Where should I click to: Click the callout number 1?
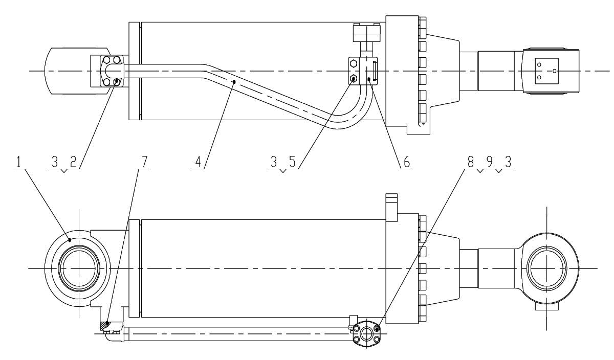tap(18, 162)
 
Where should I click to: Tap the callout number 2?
tap(73, 163)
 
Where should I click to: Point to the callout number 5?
tap(293, 162)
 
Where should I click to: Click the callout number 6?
tap(406, 162)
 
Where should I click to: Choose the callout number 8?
tap(470, 162)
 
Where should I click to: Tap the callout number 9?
tap(490, 162)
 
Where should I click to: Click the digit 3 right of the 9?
tap(508, 162)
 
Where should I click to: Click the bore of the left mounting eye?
tap(79, 268)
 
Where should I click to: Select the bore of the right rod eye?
tap(546, 268)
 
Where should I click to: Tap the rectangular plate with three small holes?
tap(547, 71)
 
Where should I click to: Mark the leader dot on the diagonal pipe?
tap(234, 81)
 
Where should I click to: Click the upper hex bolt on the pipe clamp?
tap(354, 64)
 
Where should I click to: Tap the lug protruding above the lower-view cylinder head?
tap(391, 208)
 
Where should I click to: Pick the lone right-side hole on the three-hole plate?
tap(554, 71)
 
